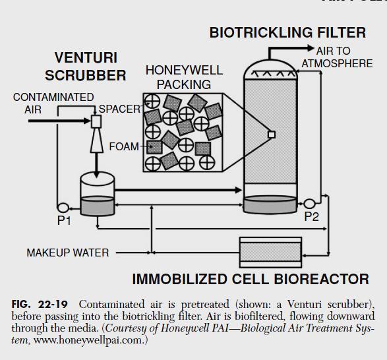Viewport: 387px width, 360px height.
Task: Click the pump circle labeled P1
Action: pyautogui.click(x=63, y=208)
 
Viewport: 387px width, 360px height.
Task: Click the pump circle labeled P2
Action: pyautogui.click(x=309, y=204)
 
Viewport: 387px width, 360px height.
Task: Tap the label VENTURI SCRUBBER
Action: pyautogui.click(x=86, y=67)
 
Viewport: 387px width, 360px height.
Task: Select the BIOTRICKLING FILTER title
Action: pyautogui.click(x=288, y=32)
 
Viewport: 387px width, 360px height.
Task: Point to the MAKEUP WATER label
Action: pyautogui.click(x=68, y=253)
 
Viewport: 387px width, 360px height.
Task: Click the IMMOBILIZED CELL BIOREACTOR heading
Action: pyautogui.click(x=251, y=280)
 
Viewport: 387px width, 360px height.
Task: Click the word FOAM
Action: pyautogui.click(x=124, y=146)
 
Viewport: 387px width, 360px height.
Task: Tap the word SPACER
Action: pyautogui.click(x=120, y=109)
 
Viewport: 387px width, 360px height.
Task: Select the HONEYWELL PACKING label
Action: pyautogui.click(x=184, y=77)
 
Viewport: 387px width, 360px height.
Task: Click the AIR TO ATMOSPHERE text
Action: pyautogui.click(x=337, y=57)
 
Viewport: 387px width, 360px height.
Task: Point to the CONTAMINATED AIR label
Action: pyautogui.click(x=53, y=104)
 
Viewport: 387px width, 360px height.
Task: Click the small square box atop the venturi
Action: pyautogui.click(x=96, y=121)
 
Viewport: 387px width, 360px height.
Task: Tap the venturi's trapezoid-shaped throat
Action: pyautogui.click(x=96, y=140)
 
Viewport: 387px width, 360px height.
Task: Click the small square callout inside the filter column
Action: pyautogui.click(x=272, y=135)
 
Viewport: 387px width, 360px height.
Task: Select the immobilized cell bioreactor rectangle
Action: pyautogui.click(x=270, y=253)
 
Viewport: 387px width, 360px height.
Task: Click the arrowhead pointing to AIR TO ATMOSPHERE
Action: pyautogui.click(x=311, y=48)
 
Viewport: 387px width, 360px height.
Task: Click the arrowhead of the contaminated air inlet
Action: pyautogui.click(x=87, y=121)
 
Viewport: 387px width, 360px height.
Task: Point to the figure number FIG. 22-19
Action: pyautogui.click(x=40, y=304)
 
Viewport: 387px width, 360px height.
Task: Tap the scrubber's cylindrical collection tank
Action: pyautogui.click(x=97, y=194)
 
